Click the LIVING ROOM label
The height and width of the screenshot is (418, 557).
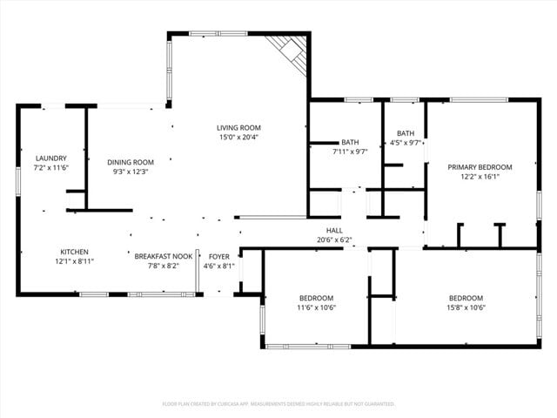[x=238, y=128]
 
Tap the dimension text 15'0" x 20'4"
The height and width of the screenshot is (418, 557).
[x=238, y=138]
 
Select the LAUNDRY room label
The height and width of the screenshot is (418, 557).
[x=50, y=158]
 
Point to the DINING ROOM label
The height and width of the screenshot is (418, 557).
[x=131, y=162]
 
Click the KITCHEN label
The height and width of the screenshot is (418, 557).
[x=74, y=252]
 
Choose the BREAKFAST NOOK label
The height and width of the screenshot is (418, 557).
[x=163, y=256]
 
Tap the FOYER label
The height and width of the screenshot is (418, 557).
[x=218, y=256]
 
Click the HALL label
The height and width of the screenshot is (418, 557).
[x=334, y=231]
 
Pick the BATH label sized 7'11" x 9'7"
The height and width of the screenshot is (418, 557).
[x=350, y=142]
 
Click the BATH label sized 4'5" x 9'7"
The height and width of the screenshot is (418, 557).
[x=405, y=133]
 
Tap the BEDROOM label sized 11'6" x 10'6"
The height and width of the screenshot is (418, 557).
[x=316, y=298]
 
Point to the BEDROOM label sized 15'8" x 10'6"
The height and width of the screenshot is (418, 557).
[x=466, y=298]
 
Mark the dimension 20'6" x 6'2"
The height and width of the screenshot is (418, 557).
[x=334, y=239]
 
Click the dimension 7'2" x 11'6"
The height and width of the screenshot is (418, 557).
[x=50, y=167]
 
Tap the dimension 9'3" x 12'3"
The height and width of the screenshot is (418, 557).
[x=131, y=172]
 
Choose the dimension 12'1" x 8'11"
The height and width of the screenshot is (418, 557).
[x=74, y=261]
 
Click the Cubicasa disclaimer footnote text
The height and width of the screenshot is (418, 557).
[x=278, y=404]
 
